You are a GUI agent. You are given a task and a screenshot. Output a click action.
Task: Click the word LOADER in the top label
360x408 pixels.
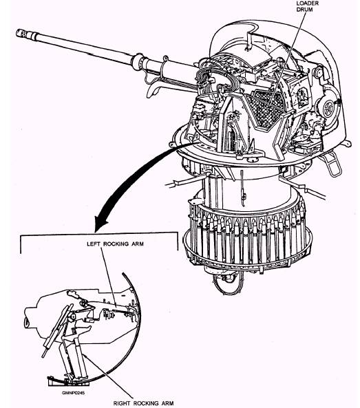(307, 3)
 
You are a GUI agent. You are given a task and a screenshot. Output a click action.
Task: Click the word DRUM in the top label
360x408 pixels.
(304, 10)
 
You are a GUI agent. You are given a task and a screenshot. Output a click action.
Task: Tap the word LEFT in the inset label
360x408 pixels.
(93, 244)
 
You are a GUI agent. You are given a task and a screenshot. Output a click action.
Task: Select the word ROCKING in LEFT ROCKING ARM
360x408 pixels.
(116, 244)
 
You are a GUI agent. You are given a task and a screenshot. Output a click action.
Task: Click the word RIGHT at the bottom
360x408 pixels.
(122, 403)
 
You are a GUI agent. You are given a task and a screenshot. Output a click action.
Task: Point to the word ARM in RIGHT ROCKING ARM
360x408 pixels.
(167, 403)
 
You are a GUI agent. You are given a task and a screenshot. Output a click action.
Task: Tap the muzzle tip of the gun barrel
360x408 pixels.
(18, 33)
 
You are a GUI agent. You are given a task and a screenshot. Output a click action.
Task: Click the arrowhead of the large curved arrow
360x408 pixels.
(101, 223)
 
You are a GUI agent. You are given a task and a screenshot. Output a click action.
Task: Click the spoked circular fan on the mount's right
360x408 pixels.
(328, 109)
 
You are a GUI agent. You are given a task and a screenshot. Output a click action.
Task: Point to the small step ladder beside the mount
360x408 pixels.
(332, 164)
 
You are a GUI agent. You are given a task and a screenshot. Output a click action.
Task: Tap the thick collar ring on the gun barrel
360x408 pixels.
(138, 61)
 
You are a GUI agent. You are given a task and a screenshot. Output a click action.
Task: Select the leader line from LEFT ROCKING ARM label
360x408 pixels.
(109, 277)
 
